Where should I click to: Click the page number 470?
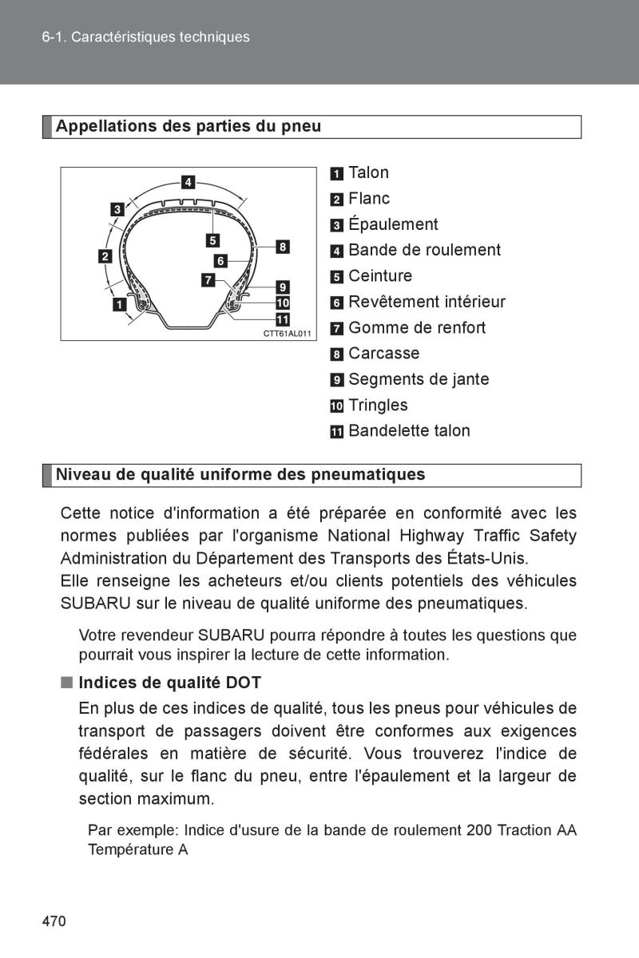point(54,921)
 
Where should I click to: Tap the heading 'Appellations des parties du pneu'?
point(188,127)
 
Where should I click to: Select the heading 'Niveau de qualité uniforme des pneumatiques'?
point(240,475)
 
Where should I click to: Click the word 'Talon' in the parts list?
point(368,172)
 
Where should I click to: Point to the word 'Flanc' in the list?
point(369,198)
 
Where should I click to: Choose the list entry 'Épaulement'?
point(393,224)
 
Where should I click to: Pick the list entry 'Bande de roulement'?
point(424,250)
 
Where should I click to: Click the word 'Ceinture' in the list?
point(380,276)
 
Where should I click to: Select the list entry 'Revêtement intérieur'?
point(427,302)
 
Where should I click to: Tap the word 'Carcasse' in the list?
point(383,353)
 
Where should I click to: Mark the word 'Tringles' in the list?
point(378,405)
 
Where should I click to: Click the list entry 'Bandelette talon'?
point(409,431)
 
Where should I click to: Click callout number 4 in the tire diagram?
point(187,182)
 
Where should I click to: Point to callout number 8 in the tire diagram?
point(282,247)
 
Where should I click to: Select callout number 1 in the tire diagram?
point(119,304)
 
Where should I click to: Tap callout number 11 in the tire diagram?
point(282,319)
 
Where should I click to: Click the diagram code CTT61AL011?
point(287,333)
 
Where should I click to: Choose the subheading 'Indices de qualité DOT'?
point(169,683)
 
